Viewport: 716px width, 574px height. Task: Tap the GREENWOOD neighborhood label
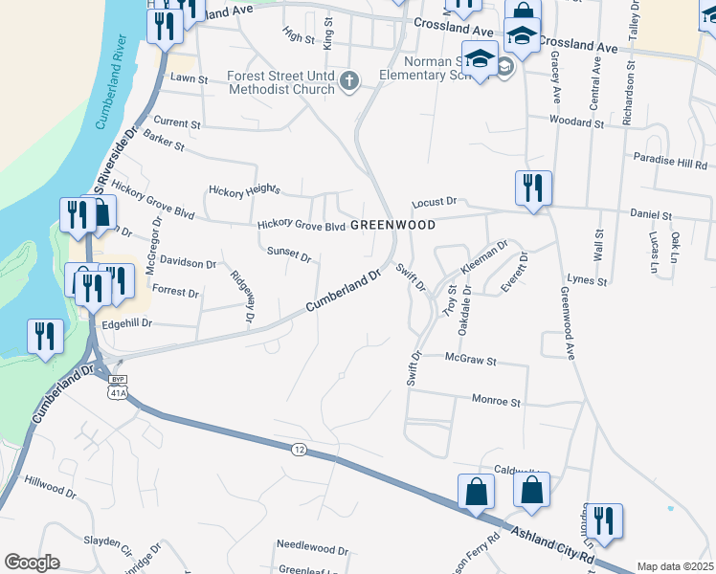[392, 225]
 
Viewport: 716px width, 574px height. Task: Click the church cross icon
[349, 82]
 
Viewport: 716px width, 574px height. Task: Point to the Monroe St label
[495, 402]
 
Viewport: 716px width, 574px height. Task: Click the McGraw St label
[471, 361]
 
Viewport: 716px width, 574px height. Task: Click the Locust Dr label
[436, 203]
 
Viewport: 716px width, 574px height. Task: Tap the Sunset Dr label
[289, 254]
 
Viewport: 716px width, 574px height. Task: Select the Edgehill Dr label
[120, 323]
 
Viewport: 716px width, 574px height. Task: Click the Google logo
[32, 563]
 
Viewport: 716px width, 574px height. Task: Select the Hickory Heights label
[244, 188]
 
